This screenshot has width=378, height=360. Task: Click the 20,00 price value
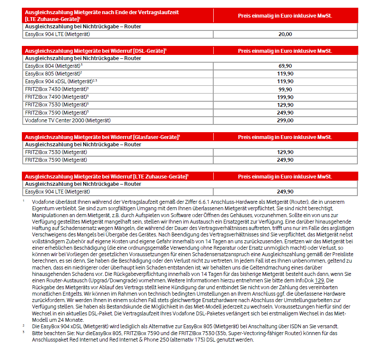pyautogui.click(x=285, y=34)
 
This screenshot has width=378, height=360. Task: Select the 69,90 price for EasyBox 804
pyautogui.click(x=285, y=66)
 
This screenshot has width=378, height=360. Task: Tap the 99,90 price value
pyautogui.click(x=285, y=89)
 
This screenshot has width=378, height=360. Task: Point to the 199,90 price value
pyautogui.click(x=285, y=97)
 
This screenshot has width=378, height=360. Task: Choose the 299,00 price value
pyautogui.click(x=285, y=121)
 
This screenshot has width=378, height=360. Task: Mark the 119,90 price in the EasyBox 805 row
pyautogui.click(x=285, y=74)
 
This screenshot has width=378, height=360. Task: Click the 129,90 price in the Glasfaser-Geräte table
pyautogui.click(x=285, y=152)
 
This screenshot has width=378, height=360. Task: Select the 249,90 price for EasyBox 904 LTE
pyautogui.click(x=285, y=192)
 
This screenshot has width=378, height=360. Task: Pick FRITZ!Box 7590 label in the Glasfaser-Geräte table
pyautogui.click(x=56, y=160)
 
